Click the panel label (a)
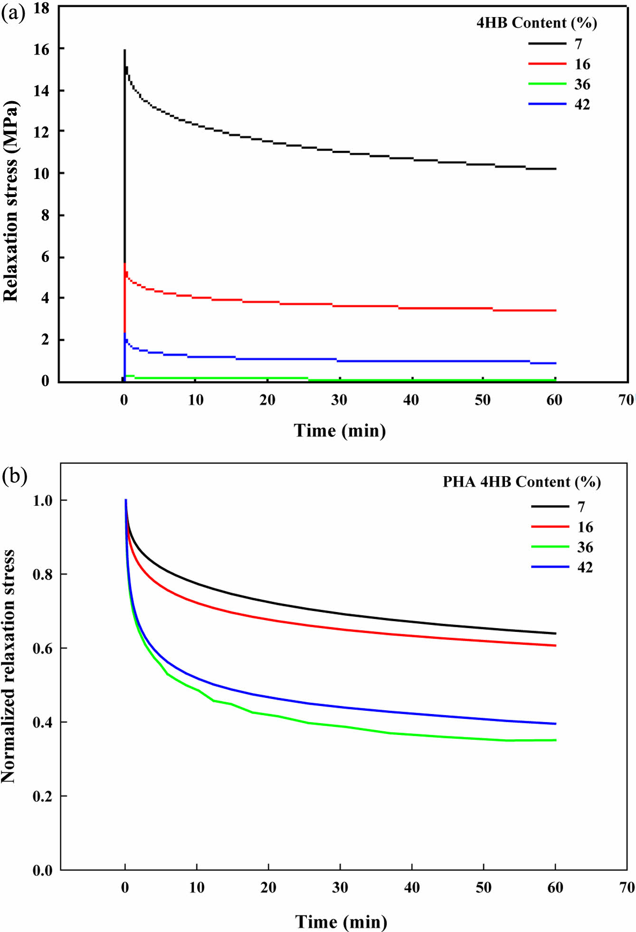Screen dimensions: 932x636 [13, 13]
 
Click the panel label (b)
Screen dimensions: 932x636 [14, 475]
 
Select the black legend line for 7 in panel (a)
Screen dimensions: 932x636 [547, 44]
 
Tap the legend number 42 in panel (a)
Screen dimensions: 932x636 [582, 104]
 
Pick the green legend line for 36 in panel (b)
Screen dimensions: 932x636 [550, 547]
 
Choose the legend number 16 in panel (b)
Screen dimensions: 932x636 [585, 527]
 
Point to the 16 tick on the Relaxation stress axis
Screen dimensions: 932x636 [41, 49]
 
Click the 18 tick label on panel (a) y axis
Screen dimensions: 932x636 [41, 8]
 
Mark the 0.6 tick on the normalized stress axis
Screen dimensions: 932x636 [42, 648]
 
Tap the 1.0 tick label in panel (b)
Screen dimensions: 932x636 [42, 500]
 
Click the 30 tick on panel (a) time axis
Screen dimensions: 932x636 [339, 400]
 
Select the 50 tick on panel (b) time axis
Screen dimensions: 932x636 [484, 887]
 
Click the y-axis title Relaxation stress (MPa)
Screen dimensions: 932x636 [10, 201]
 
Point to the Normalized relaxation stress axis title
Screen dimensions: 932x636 [9, 667]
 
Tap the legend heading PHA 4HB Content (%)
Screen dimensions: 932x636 [522, 482]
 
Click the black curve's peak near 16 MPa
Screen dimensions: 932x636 [124, 50]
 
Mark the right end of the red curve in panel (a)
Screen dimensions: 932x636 [555, 311]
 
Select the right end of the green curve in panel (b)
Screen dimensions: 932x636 [555, 740]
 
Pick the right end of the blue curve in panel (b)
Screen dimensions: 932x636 [555, 724]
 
